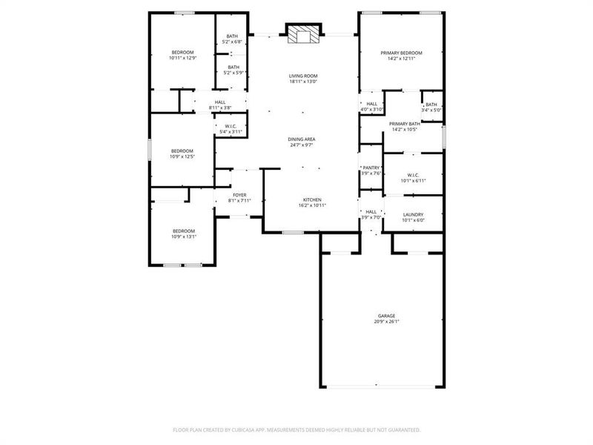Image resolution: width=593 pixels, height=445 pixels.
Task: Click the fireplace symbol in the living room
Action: tap(303, 34)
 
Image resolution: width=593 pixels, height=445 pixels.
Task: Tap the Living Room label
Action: tap(303, 76)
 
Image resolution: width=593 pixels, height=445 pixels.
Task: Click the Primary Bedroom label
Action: tap(401, 53)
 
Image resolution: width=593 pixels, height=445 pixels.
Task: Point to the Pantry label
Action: tap(371, 168)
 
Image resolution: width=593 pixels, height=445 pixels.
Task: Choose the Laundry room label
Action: tap(413, 214)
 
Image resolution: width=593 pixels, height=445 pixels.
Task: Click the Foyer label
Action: tap(239, 194)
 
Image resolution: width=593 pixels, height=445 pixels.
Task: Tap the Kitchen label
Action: tap(311, 200)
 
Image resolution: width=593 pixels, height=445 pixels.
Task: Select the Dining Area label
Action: tap(303, 139)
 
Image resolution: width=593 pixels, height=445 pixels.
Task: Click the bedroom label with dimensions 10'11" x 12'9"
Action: tap(182, 52)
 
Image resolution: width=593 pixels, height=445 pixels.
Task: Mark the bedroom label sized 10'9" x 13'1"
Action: tap(183, 231)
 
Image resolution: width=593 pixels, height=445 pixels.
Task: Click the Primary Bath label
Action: tap(405, 124)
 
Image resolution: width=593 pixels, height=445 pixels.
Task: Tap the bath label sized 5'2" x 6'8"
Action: tap(233, 36)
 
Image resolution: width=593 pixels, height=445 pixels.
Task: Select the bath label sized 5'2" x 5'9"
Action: tap(233, 67)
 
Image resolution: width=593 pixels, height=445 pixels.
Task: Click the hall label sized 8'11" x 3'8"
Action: tap(220, 102)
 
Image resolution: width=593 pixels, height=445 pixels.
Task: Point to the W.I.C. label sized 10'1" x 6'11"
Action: tap(413, 175)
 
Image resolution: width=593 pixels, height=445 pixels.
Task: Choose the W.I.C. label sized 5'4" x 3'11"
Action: tap(231, 127)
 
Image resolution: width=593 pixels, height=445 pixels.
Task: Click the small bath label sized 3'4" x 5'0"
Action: tap(431, 105)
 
